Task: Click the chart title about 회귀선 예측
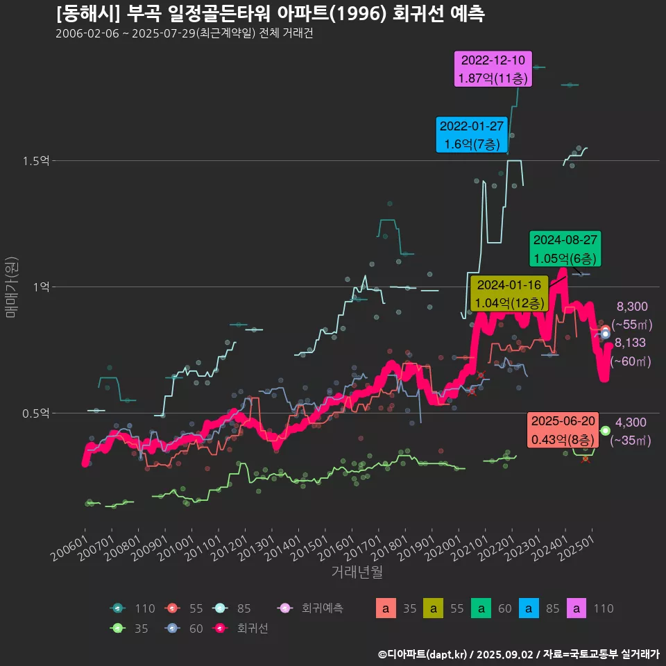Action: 270,14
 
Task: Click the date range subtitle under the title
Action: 185,34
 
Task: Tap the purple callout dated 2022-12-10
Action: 493,69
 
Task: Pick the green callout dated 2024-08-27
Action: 564,249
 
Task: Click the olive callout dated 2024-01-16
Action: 509,293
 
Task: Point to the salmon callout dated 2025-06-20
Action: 563,430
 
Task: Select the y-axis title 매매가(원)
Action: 11,287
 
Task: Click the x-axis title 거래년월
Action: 357,572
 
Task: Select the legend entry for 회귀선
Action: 242,628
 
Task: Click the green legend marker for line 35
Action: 118,628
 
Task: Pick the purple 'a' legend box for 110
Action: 578,608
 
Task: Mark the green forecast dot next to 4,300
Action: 605,431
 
